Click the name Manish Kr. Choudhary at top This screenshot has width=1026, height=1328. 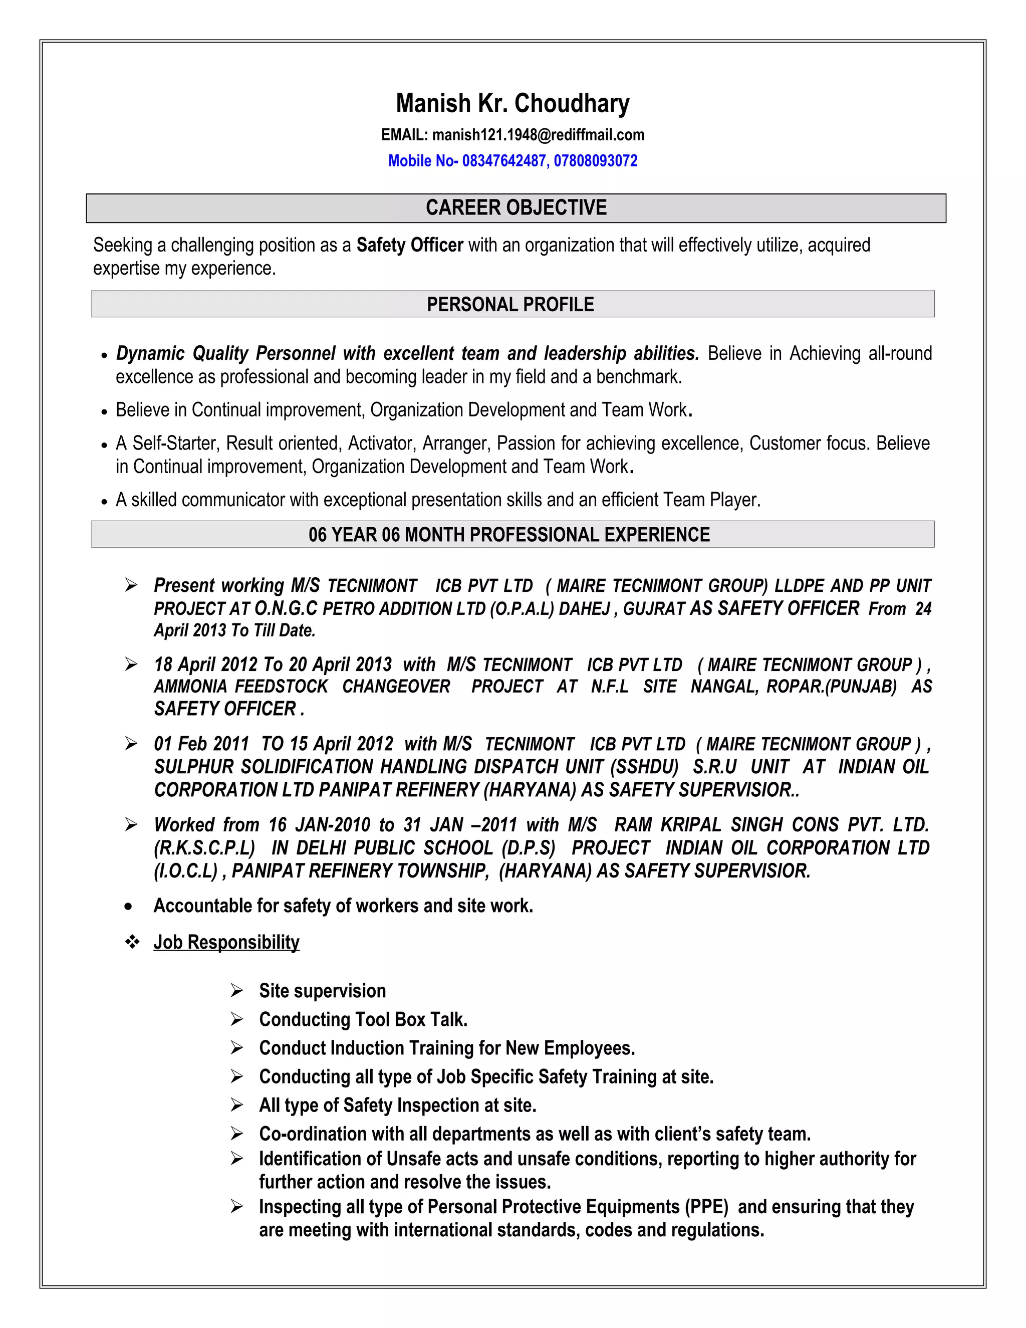click(x=512, y=103)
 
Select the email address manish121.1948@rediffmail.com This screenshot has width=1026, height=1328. click(x=538, y=135)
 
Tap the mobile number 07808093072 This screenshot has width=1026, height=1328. click(x=595, y=161)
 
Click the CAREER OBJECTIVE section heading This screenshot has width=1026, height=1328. click(x=516, y=208)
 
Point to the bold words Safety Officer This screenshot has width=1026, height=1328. click(x=410, y=245)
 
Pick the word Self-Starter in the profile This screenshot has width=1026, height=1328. click(x=174, y=444)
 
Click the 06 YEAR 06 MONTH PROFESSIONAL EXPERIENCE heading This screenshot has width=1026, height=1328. click(x=509, y=535)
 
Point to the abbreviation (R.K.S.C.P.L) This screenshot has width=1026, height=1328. click(x=203, y=847)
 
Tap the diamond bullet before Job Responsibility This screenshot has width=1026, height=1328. click(x=132, y=942)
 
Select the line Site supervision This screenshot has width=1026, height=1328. click(x=322, y=991)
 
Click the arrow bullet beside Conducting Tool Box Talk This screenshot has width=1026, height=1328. click(x=236, y=1019)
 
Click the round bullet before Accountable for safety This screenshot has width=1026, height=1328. click(x=128, y=907)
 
